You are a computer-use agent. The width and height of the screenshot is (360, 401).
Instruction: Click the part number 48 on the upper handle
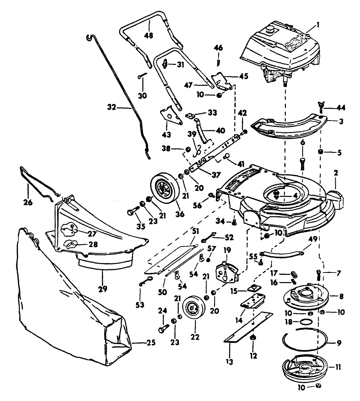tap(149, 35)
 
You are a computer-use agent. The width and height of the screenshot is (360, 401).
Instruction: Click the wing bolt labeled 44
tap(321, 107)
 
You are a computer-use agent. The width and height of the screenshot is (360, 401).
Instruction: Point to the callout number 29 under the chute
tap(102, 289)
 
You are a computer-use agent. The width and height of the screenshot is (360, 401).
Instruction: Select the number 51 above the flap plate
tap(196, 231)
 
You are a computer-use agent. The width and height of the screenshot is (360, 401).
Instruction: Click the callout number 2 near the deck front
tap(335, 173)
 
